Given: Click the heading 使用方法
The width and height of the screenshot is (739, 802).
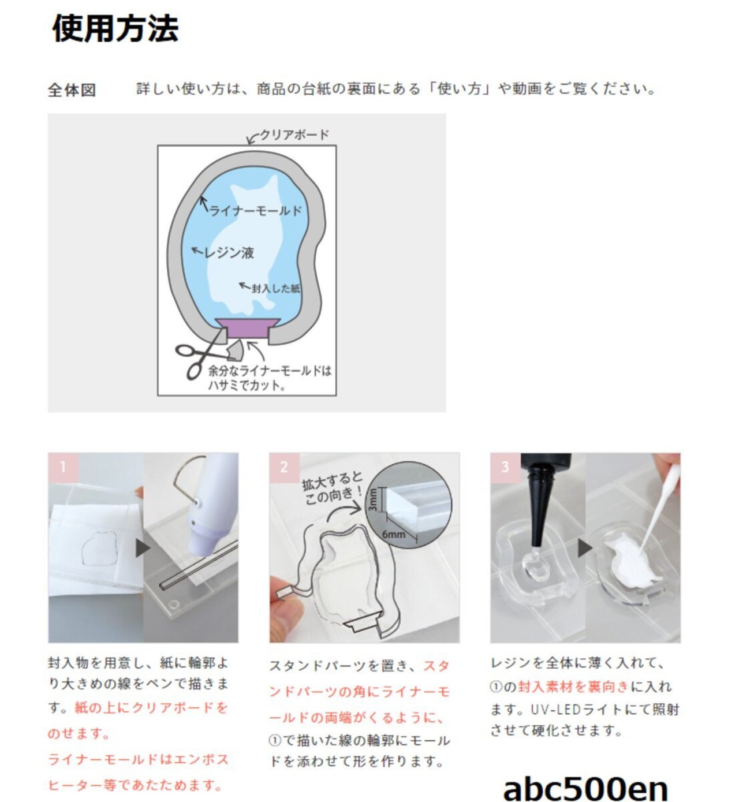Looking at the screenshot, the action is coord(115,28).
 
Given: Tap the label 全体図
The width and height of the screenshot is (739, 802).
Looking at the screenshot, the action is coord(72,90).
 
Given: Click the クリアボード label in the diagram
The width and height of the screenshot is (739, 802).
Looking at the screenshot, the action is coord(294,135).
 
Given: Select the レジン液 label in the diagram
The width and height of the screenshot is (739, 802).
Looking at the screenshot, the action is coord(229,253).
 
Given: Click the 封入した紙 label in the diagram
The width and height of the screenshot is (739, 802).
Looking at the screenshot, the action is coord(276,288).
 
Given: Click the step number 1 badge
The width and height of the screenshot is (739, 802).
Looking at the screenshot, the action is coord(63,467).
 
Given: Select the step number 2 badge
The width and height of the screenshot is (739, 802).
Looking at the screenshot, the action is coord(284,467).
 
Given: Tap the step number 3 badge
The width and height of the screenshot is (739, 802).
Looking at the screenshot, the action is coord(505,467).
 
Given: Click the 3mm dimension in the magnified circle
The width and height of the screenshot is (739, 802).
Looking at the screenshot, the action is coord(373,500).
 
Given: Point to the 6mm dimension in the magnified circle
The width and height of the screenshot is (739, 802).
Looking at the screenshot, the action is coord(394,534).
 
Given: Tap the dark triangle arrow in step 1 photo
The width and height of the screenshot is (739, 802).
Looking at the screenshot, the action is coord(143,548).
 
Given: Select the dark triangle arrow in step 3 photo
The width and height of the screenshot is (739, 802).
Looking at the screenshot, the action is coord(585,548).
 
